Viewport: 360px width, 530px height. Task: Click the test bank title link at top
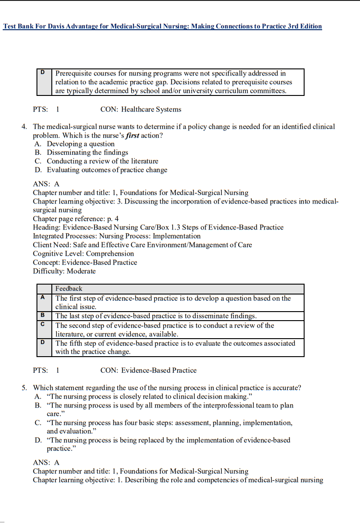(x=162, y=27)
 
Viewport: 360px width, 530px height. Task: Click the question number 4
(x=24, y=127)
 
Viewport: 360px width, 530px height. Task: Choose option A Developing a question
(x=81, y=144)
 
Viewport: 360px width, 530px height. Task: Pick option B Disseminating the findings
(x=87, y=153)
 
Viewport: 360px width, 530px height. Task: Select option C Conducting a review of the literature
(x=102, y=161)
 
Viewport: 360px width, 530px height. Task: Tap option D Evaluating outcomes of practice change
(x=107, y=170)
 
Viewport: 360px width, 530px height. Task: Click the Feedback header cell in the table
(x=69, y=289)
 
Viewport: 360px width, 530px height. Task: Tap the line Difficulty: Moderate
(x=64, y=271)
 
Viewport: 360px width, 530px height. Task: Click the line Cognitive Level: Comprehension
(x=83, y=254)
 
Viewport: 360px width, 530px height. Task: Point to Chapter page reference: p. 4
(x=76, y=219)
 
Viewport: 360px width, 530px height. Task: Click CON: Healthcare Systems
(x=141, y=109)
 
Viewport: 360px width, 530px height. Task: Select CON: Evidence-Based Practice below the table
(x=148, y=371)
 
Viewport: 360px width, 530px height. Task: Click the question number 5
(x=24, y=388)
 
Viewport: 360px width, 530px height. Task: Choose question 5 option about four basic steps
(x=169, y=423)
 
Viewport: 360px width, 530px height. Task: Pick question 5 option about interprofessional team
(x=169, y=406)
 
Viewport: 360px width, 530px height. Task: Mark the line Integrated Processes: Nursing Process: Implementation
(x=117, y=236)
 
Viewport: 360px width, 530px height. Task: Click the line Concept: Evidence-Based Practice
(x=85, y=263)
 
